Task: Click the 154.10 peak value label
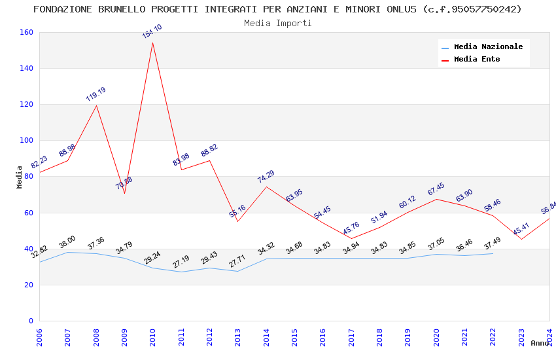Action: (152, 31)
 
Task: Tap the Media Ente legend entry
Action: (476, 60)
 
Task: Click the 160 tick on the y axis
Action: (26, 32)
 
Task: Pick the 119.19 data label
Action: (96, 94)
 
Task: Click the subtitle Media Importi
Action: (277, 23)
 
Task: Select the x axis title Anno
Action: (540, 343)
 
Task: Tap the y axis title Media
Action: (20, 177)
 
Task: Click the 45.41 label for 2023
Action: (521, 230)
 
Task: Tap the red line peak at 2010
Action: (152, 43)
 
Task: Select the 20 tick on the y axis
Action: (29, 285)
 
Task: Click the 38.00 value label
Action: (67, 243)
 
